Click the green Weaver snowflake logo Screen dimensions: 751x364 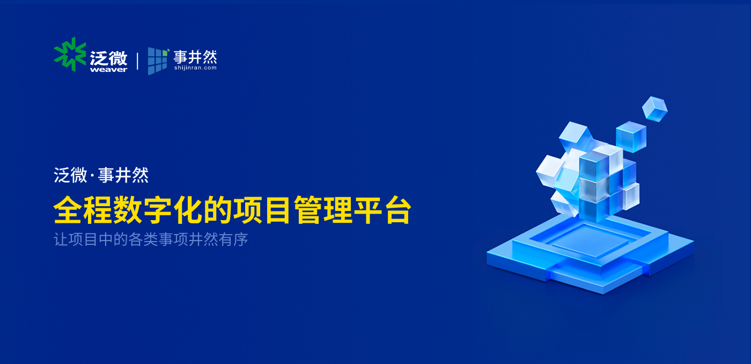click(70, 54)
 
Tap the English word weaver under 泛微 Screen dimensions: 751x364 click(108, 69)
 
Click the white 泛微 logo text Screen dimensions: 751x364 click(108, 57)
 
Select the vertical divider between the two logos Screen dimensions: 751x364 click(137, 61)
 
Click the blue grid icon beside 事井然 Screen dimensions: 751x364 click(158, 61)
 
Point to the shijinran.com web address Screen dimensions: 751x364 click(195, 68)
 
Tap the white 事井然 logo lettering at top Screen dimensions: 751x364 click(195, 57)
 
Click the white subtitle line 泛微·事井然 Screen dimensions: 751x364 click(101, 175)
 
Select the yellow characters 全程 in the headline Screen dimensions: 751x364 click(83, 210)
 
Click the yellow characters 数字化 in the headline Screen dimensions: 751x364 click(158, 210)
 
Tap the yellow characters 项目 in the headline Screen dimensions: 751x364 click(262, 210)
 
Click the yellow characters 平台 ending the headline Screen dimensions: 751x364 click(382, 210)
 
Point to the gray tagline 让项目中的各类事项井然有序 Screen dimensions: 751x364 click(151, 239)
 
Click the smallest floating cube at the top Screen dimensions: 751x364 click(655, 109)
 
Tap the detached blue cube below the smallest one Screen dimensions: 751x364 click(631, 136)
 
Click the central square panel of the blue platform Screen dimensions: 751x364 click(591, 241)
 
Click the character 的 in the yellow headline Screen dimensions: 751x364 click(217, 210)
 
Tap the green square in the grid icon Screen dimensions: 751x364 click(165, 53)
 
